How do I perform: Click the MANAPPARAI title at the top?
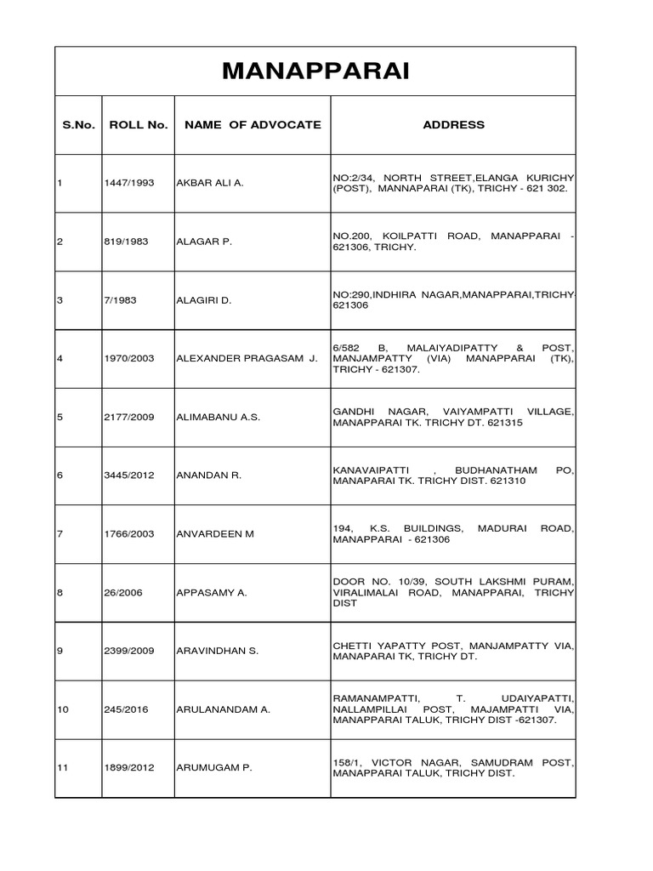[x=315, y=71]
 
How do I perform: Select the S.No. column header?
[x=78, y=125]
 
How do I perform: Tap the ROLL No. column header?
[x=139, y=125]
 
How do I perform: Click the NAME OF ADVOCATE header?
[x=253, y=125]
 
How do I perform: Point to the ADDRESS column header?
[x=453, y=125]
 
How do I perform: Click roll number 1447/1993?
[x=129, y=183]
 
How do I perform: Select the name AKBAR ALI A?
[x=209, y=183]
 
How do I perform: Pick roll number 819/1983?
[x=126, y=242]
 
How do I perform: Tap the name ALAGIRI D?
[x=204, y=300]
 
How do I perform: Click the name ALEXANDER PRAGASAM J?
[x=247, y=359]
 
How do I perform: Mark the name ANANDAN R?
[x=208, y=475]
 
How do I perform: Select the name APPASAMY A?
[x=211, y=593]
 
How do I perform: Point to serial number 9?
[x=60, y=652]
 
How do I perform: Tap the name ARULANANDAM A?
[x=223, y=709]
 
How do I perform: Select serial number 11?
[x=62, y=768]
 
